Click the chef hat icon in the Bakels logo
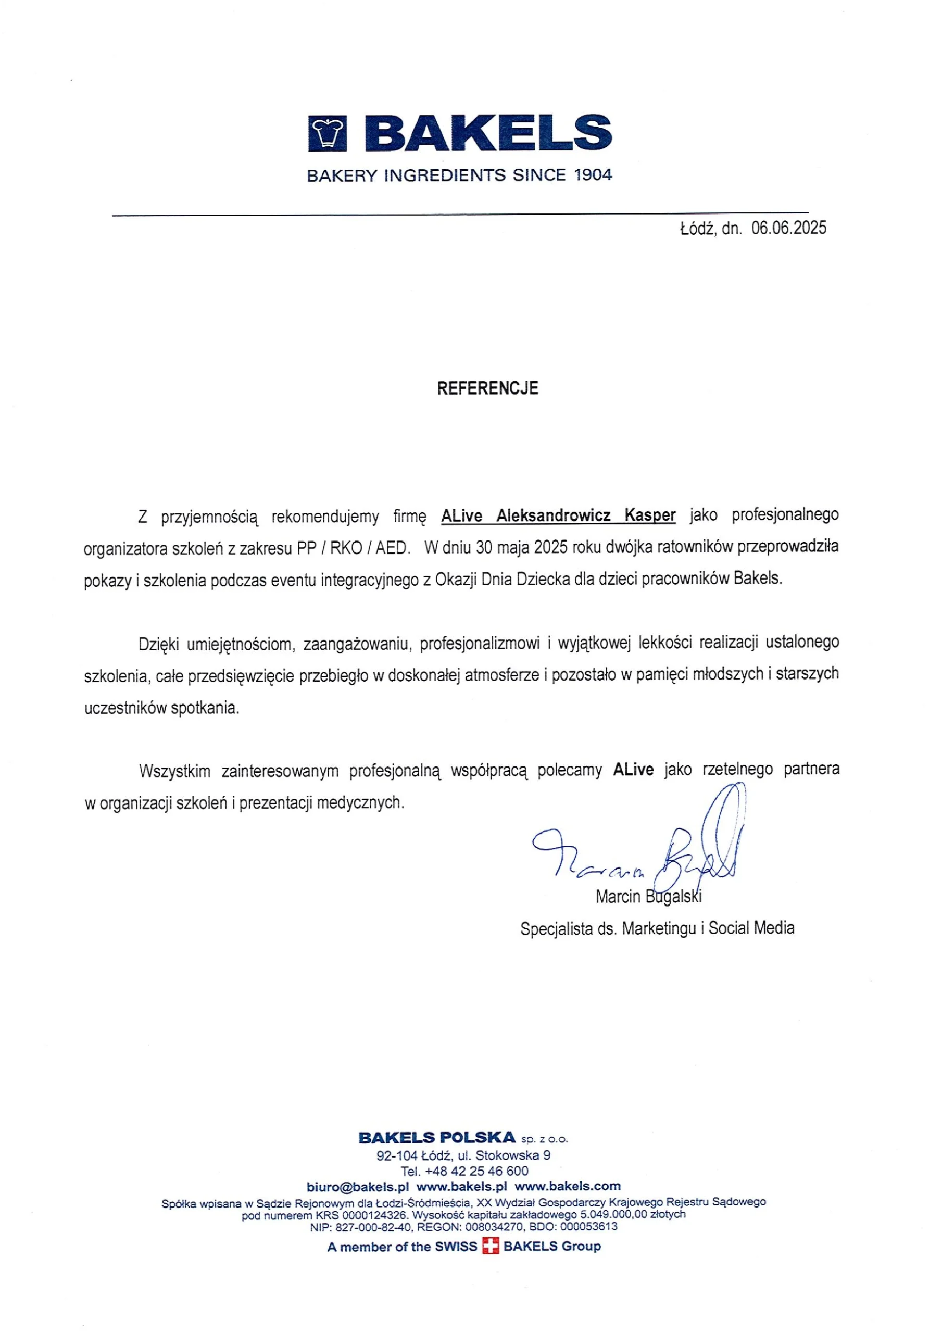pyautogui.click(x=327, y=133)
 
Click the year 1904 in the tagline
pyautogui.click(x=593, y=175)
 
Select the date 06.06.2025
pyautogui.click(x=788, y=228)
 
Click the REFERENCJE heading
pyautogui.click(x=487, y=388)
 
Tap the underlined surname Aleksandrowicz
pyautogui.click(x=553, y=515)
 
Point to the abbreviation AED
pyautogui.click(x=392, y=548)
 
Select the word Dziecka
pyautogui.click(x=543, y=579)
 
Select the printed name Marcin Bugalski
pyautogui.click(x=648, y=897)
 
